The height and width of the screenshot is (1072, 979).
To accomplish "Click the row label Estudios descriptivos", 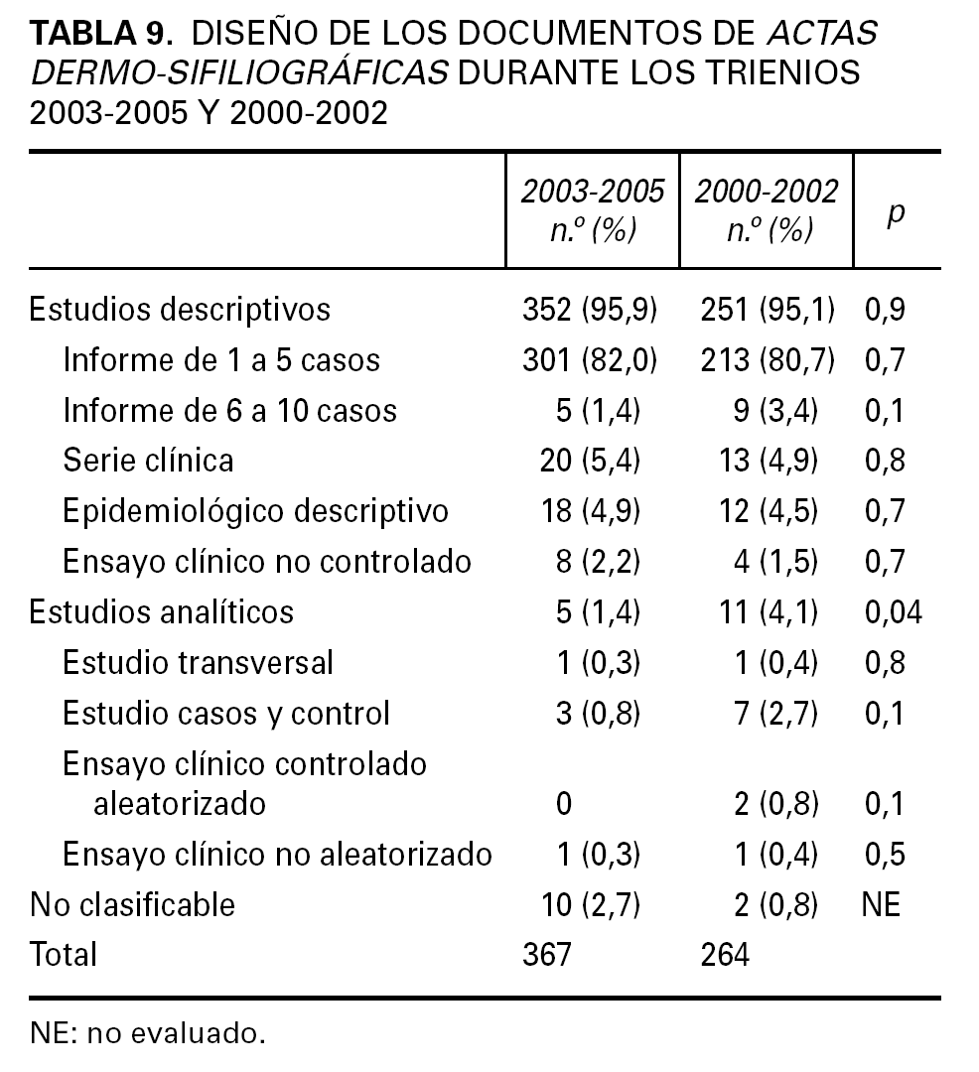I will tap(180, 309).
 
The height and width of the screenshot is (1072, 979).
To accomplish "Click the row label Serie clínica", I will tap(148, 461).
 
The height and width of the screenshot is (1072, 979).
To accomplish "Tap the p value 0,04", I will tap(893, 611).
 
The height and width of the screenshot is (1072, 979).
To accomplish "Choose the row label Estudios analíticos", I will tap(162, 611).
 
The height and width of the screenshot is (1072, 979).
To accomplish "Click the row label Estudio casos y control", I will tap(226, 713).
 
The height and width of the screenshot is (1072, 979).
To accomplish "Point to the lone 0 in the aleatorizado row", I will tap(564, 803).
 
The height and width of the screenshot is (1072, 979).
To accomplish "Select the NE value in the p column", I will tap(882, 904).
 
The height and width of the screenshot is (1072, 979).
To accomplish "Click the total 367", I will tap(547, 955).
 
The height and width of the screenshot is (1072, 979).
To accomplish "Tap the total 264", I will tap(725, 955).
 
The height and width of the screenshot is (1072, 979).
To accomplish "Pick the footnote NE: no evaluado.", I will tap(148, 1034).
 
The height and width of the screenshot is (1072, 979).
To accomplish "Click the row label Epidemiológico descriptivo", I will tap(255, 510).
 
